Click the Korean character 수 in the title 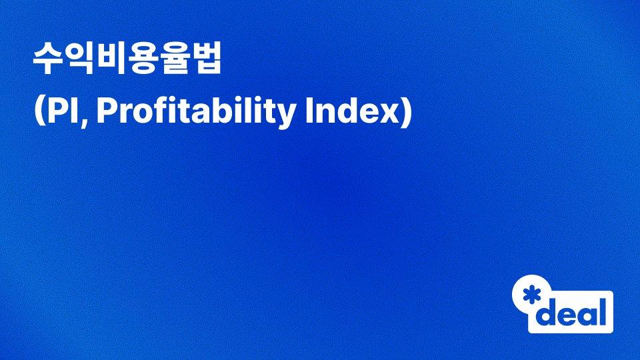tap(48, 58)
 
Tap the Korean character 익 tap(79, 58)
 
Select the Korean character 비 tap(111, 58)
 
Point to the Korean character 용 tap(143, 58)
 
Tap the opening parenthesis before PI tap(39, 111)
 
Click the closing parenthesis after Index tap(406, 111)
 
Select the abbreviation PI tap(63, 111)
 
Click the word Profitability tap(196, 111)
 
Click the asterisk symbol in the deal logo tap(532, 295)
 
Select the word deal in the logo tap(571, 312)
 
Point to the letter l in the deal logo tap(603, 312)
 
